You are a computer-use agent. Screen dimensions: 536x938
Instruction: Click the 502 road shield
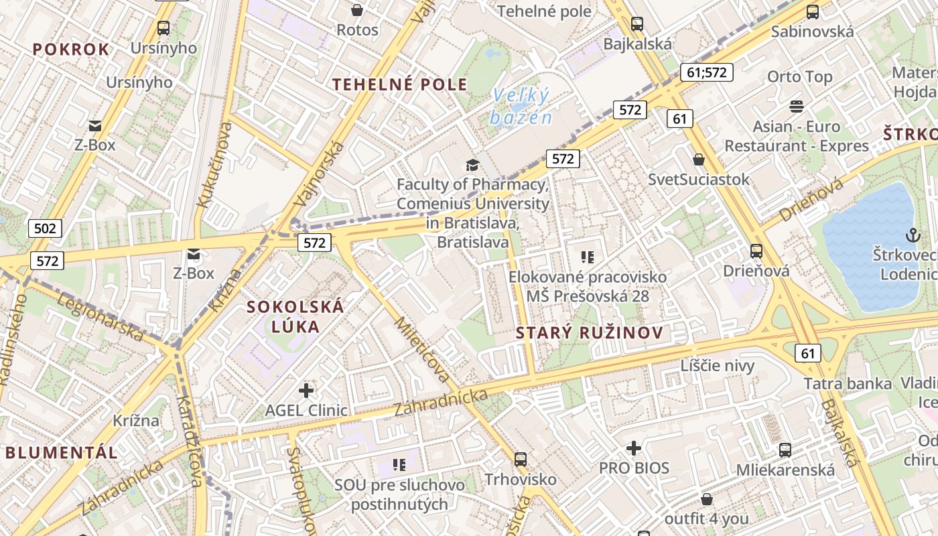(45, 228)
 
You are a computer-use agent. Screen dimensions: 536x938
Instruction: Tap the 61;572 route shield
(706, 72)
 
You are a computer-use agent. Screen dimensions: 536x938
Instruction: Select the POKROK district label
(71, 50)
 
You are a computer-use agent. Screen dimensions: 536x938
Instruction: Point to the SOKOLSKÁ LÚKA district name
(295, 317)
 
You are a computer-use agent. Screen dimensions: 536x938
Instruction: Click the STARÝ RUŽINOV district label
(590, 333)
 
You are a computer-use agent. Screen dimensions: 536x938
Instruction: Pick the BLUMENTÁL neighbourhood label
(62, 452)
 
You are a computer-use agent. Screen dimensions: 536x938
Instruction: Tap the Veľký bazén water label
(521, 107)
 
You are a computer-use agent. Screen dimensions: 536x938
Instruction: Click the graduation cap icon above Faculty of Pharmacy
(473, 165)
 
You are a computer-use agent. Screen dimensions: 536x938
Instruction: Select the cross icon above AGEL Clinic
(306, 390)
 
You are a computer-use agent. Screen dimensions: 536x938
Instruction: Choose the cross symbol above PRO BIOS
(634, 448)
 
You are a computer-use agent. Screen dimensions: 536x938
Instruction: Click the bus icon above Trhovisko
(521, 460)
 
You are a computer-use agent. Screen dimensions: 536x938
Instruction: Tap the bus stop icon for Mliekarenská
(785, 450)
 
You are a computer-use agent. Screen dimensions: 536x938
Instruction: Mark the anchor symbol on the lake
(913, 235)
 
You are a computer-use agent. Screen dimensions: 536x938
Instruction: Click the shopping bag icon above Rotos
(357, 10)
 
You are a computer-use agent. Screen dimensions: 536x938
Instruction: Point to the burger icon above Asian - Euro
(796, 106)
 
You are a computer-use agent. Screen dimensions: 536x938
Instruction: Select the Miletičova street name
(422, 350)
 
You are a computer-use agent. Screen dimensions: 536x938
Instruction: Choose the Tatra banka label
(848, 384)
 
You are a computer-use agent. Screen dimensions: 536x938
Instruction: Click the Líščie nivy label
(718, 366)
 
